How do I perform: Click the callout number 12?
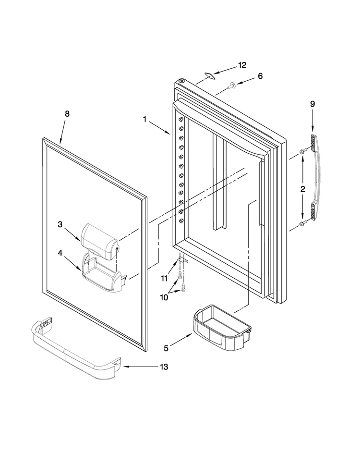click(242, 65)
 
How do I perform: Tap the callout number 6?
click(260, 76)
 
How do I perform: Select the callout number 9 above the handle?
click(312, 104)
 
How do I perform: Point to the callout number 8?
click(67, 113)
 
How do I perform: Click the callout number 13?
click(164, 367)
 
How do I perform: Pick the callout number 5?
click(166, 348)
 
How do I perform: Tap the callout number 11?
click(164, 279)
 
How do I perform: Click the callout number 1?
click(145, 119)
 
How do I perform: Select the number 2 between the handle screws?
click(303, 189)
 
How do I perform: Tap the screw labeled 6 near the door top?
click(230, 86)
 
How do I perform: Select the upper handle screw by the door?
click(302, 151)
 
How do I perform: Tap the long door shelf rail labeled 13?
click(76, 350)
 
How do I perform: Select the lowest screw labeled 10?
click(183, 287)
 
